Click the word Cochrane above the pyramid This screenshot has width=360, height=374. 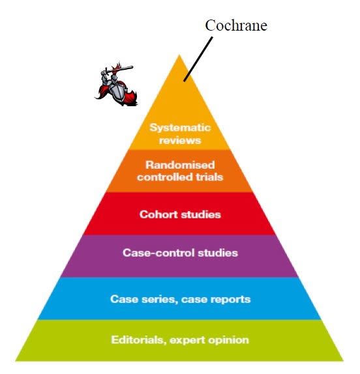coord(236,25)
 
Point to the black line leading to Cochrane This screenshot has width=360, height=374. coord(198,59)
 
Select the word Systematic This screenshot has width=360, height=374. coord(180,128)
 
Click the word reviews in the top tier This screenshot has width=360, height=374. coord(180,140)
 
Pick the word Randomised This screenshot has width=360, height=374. coord(180,165)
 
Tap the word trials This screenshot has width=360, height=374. coord(209,177)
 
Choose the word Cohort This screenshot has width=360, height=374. coord(158,214)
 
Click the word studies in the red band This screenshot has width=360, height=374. coord(201,214)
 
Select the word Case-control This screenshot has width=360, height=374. coord(158,253)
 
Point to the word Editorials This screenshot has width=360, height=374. coord(139,339)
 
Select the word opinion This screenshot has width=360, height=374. coord(228,340)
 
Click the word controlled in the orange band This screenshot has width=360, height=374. coord(165,177)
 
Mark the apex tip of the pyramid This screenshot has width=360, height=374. coord(179,55)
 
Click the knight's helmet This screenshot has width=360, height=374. coord(114,78)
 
